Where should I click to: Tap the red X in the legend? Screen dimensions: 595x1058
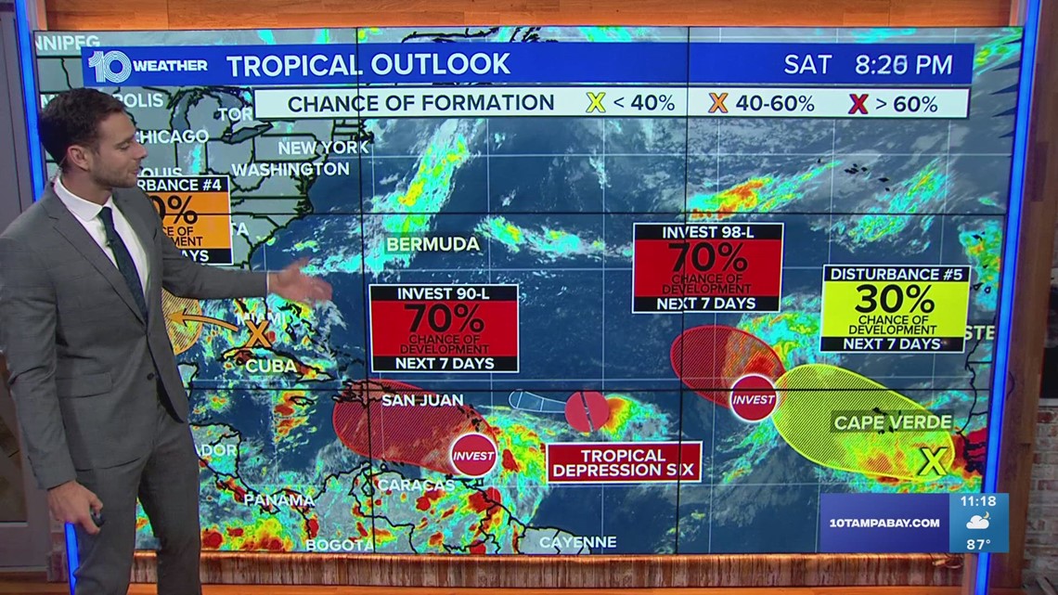coord(858,104)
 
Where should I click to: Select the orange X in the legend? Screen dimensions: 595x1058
coord(718,103)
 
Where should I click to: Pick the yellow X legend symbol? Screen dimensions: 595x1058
coord(596,103)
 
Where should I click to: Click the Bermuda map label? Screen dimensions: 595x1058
coord(434,244)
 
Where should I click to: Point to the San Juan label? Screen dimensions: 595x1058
coord(416,401)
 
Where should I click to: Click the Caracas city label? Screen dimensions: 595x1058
coord(416,485)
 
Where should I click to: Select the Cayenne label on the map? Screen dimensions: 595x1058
coord(577,541)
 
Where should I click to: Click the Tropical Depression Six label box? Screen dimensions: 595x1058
coord(624,462)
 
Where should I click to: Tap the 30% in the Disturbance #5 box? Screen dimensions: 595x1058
coord(894,299)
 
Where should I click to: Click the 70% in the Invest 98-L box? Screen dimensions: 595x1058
coord(707,256)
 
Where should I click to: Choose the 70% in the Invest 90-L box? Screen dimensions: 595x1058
coord(444,318)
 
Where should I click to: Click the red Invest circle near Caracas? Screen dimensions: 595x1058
coord(471,455)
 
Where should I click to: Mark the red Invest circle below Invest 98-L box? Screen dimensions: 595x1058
coord(753,398)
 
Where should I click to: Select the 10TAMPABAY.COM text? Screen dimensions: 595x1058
coord(881,523)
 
